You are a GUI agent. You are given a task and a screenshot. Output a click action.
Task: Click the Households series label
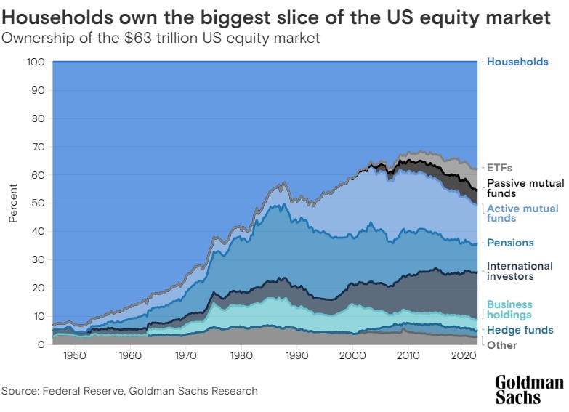[517, 62]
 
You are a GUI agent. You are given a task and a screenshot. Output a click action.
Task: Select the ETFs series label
[499, 168]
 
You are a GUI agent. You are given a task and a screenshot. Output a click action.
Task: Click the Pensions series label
[510, 243]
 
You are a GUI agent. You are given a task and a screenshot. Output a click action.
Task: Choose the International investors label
[520, 271]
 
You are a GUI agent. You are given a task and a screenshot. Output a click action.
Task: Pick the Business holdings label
[509, 310]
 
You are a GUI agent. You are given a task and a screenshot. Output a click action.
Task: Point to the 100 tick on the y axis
[39, 62]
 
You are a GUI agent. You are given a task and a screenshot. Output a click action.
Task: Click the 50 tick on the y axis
[41, 203]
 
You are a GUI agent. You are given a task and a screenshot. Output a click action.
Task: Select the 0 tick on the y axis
[44, 344]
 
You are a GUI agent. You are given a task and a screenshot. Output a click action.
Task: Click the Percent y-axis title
[12, 203]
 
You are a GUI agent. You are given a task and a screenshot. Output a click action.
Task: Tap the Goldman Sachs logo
[529, 389]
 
